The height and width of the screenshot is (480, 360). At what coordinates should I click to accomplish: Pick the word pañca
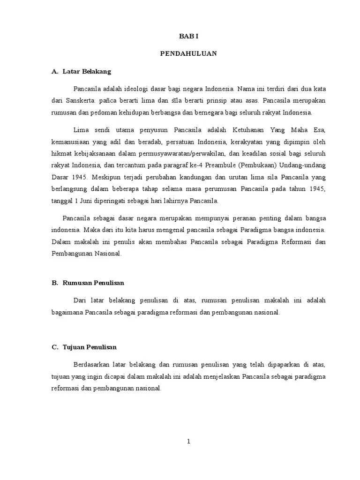(x=109, y=100)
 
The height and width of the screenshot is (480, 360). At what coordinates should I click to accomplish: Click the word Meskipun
(x=107, y=178)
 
